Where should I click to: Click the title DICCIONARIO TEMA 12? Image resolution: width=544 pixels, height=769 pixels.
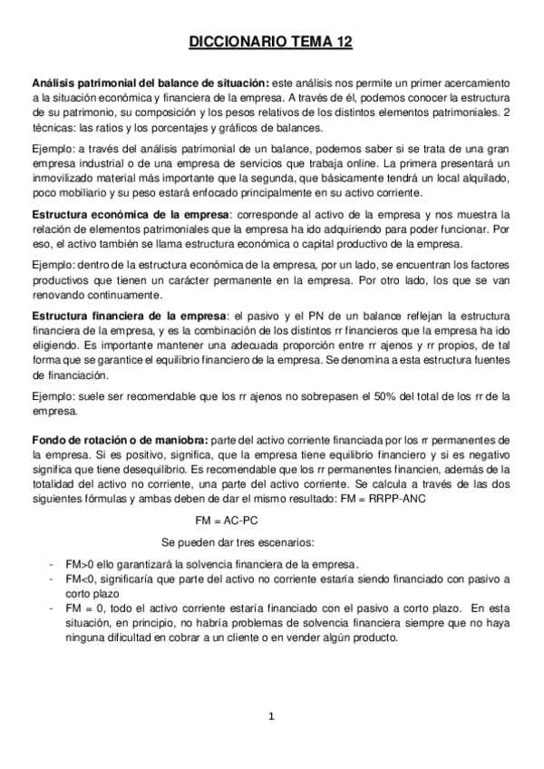click(271, 41)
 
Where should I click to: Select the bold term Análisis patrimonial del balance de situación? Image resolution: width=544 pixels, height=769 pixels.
click(150, 82)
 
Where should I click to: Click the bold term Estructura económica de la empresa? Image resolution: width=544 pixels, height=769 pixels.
click(128, 214)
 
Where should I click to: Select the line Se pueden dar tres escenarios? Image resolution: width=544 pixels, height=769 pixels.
click(238, 543)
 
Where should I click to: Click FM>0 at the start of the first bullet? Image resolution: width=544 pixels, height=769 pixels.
click(79, 564)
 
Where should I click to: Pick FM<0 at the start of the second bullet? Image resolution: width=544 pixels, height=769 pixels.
click(79, 578)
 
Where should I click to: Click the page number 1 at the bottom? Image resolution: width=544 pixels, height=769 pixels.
click(271, 717)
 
